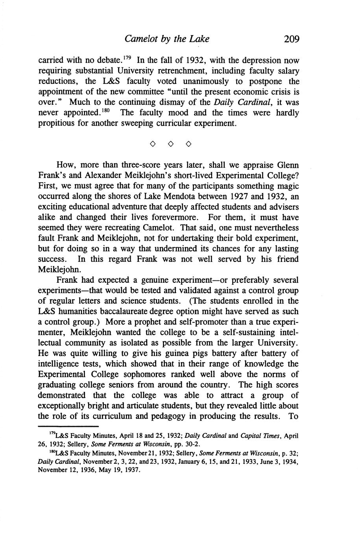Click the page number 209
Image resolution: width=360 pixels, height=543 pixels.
pyautogui.click(x=291, y=39)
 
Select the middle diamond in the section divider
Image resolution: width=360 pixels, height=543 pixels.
pyautogui.click(x=170, y=145)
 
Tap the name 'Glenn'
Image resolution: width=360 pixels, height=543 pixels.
pyautogui.click(x=288, y=165)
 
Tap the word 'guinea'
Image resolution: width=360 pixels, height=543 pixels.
pyautogui.click(x=201, y=353)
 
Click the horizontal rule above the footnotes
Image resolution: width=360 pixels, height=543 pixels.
pyautogui.click(x=68, y=426)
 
